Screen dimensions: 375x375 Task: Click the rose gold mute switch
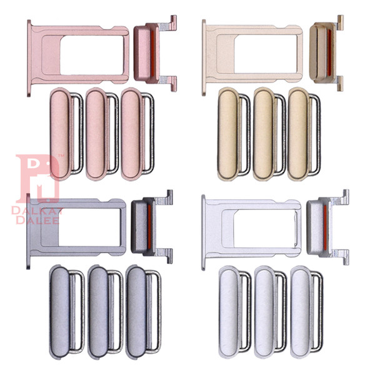(x=155, y=53)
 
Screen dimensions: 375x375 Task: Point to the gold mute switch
(x=326, y=53)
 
